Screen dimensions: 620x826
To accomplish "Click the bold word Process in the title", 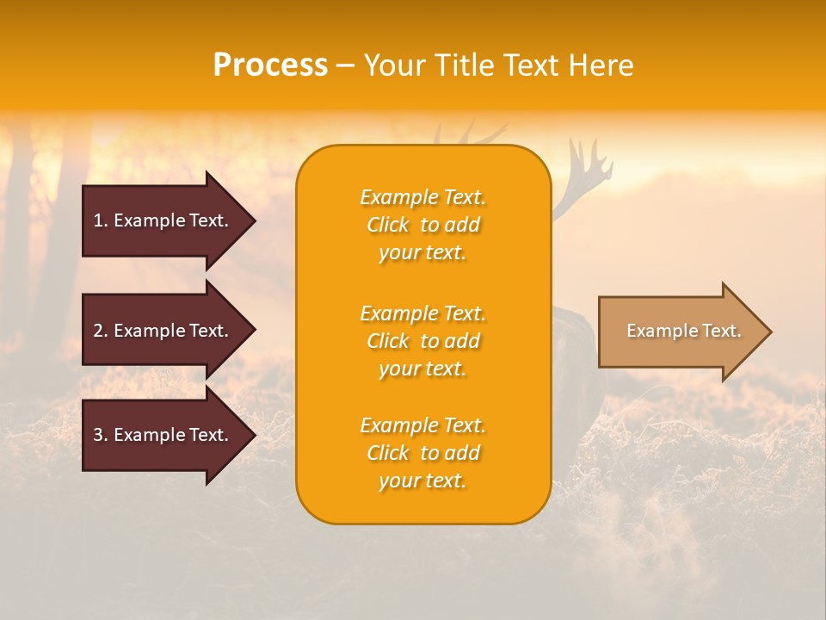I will click(270, 65).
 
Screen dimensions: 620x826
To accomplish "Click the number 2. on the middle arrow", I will click(101, 331).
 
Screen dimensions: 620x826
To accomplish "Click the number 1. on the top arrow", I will click(101, 220).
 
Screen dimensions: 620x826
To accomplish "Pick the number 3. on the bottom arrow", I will click(101, 435).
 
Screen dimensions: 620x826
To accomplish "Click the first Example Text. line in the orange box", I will click(422, 197).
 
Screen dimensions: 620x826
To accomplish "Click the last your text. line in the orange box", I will click(422, 480).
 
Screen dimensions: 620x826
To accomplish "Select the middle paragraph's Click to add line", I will click(422, 341).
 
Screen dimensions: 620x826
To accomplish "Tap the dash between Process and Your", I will click(345, 65).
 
